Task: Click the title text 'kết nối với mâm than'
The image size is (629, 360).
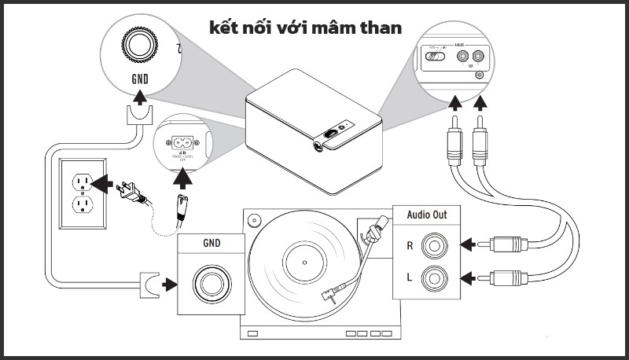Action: [x=306, y=28]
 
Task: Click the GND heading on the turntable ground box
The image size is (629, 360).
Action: [x=210, y=244]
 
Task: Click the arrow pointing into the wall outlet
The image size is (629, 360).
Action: [x=101, y=183]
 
